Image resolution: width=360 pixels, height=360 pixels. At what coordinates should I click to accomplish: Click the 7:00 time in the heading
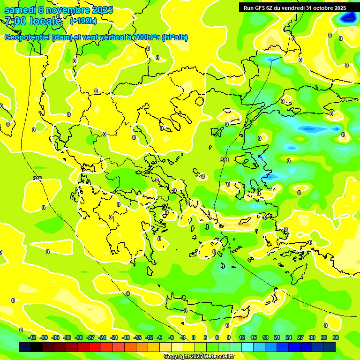point(15,21)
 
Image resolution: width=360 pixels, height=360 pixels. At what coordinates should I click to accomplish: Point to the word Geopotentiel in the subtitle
point(28,37)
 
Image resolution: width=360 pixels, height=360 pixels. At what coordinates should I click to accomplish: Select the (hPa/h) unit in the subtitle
point(175,37)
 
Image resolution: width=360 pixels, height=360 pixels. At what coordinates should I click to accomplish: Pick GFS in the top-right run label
point(260,8)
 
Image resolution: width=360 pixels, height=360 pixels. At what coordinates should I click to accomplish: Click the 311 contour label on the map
point(225,160)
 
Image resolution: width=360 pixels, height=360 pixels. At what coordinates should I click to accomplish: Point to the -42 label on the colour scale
point(32,337)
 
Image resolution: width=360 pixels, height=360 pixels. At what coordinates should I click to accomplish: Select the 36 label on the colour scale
point(336,337)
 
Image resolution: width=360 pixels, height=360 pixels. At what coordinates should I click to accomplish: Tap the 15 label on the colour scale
point(254,337)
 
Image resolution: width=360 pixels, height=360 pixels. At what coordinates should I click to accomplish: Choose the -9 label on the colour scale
point(160,337)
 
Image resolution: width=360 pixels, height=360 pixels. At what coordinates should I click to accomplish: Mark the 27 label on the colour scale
point(300,337)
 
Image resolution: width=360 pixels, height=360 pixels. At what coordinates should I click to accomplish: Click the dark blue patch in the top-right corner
point(348,18)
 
